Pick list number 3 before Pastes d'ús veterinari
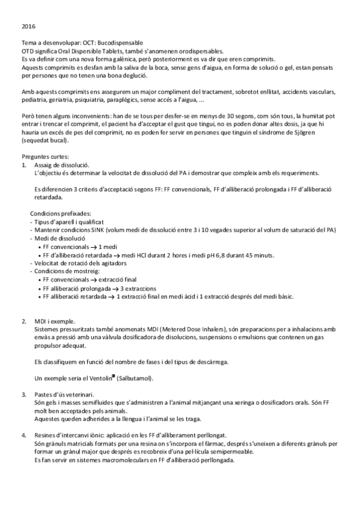pos(23,394)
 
